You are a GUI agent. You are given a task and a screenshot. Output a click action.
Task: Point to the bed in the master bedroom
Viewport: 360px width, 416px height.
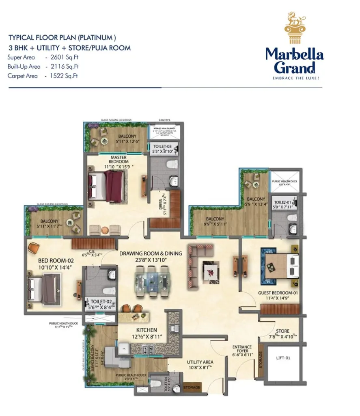click(108, 185)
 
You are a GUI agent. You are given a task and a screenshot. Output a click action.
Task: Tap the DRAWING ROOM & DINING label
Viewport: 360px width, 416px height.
click(151, 253)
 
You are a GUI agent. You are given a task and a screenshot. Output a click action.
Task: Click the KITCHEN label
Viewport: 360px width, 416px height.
click(147, 330)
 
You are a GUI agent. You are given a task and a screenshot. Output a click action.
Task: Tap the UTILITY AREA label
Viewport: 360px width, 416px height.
click(200, 362)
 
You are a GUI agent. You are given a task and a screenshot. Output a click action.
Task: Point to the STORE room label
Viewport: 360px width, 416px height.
click(282, 331)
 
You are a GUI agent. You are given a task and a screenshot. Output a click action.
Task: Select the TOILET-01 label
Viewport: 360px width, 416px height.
click(281, 202)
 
